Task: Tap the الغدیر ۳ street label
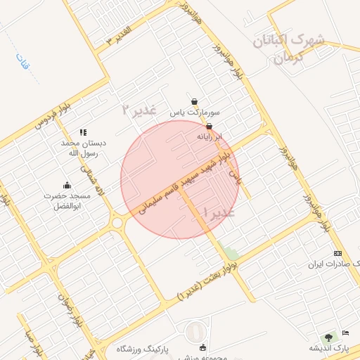pyautogui.click(x=118, y=34)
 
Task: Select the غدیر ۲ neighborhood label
pyautogui.click(x=136, y=109)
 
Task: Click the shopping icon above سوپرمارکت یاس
pyautogui.click(x=194, y=101)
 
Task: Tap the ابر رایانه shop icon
pyautogui.click(x=209, y=126)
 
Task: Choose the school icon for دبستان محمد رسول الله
pyautogui.click(x=83, y=131)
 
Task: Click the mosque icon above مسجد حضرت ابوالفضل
pyautogui.click(x=67, y=185)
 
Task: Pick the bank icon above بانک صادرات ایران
pyautogui.click(x=338, y=253)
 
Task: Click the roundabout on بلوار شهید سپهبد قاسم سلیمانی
pyautogui.click(x=117, y=224)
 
